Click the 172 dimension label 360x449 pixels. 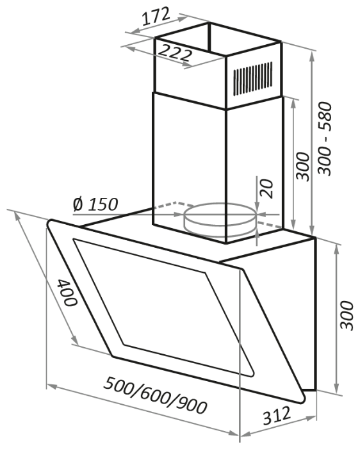coord(157,17)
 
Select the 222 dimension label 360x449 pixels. coord(175,52)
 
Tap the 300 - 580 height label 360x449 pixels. coord(325,138)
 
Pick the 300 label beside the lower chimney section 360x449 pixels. coord(303,166)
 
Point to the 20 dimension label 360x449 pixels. coord(266,188)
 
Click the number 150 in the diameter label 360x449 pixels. coord(103,204)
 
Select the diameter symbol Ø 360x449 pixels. coord(79,204)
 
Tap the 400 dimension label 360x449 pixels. coord(68,292)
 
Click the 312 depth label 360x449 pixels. coord(277,416)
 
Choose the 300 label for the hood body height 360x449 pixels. coord(347,315)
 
